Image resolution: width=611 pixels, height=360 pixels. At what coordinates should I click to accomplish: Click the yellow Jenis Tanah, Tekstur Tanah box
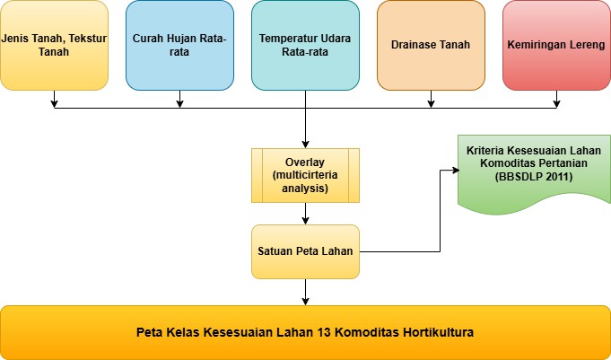(54, 45)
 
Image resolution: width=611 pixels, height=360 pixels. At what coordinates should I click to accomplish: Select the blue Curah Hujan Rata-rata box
(179, 45)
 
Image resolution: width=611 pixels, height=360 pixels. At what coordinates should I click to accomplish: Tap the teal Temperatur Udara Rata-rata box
(305, 45)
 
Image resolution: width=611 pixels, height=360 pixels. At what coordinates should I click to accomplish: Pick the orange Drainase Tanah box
(431, 45)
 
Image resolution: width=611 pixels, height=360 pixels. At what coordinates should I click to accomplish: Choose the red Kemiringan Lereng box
(556, 45)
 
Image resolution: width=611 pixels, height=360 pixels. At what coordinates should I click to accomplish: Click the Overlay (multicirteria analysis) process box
(305, 175)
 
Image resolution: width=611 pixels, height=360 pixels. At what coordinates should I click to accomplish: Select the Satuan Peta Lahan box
(305, 251)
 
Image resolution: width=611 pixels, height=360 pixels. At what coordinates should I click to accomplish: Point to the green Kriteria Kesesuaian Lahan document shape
(534, 171)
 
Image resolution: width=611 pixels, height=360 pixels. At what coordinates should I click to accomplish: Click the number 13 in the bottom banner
(322, 333)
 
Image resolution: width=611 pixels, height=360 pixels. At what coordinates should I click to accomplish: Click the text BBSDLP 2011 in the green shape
(534, 177)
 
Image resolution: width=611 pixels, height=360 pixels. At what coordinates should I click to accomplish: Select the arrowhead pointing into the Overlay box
(305, 145)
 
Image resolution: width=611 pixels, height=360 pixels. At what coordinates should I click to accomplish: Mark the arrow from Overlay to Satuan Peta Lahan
(305, 214)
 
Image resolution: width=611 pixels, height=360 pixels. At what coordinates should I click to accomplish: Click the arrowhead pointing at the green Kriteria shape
(456, 170)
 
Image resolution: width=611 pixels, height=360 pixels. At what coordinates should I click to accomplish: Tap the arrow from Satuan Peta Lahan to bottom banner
(305, 292)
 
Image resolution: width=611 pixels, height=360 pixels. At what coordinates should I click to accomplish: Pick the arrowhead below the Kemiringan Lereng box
(556, 104)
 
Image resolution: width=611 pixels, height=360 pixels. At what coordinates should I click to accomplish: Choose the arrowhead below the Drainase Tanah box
(431, 104)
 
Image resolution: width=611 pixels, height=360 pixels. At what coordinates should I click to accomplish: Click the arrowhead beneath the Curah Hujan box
(179, 104)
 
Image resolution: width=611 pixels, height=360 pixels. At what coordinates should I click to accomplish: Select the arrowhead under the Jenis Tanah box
(54, 104)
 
